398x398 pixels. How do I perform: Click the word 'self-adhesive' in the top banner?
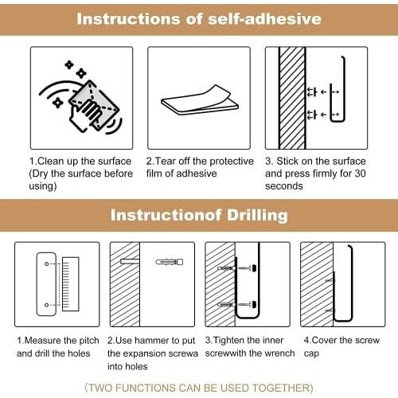click(x=264, y=19)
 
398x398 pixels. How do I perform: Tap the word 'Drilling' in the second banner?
click(x=257, y=215)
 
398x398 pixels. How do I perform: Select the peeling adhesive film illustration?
click(x=200, y=100)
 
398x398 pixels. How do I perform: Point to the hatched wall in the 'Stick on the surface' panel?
click(x=292, y=98)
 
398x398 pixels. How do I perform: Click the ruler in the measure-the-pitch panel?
click(x=70, y=284)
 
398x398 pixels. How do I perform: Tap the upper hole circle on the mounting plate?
click(x=47, y=263)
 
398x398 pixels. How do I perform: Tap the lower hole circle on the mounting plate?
click(x=47, y=305)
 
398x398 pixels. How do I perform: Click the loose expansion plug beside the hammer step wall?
click(x=170, y=262)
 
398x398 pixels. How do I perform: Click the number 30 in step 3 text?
click(x=360, y=174)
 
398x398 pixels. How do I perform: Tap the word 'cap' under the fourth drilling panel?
click(x=311, y=354)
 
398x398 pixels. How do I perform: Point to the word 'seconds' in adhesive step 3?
click(x=284, y=186)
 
